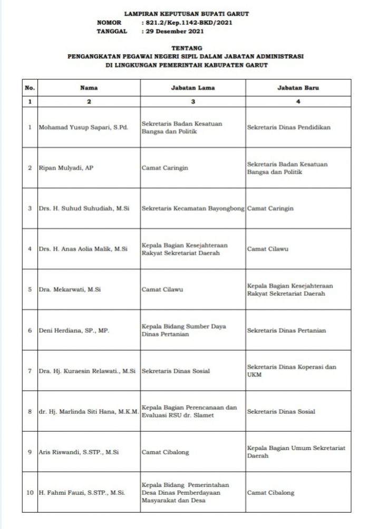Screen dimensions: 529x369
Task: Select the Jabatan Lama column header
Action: coord(193,87)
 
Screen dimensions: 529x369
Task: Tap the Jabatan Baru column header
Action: coord(298,87)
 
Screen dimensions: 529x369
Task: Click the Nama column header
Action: coord(89,87)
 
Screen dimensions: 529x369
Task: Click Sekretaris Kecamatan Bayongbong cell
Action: coord(193,208)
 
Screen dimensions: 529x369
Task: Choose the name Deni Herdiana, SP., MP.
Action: coord(73,331)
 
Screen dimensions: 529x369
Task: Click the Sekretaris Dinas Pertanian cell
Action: coord(286,331)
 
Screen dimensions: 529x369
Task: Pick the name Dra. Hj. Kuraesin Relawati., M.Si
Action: coord(88,371)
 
